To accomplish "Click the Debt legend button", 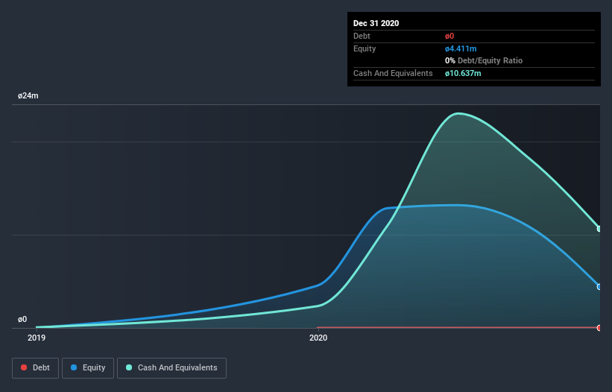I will coord(34,367).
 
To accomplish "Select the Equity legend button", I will coord(88,367).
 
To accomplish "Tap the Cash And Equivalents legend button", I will coord(171,367).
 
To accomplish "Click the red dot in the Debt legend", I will coord(24,367).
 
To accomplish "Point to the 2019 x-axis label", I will coord(37,338).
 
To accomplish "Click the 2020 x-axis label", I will coord(318,338).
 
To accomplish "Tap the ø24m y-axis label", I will coord(28,96).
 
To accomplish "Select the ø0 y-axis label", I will coord(22,319).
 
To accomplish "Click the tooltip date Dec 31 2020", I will coord(376,23).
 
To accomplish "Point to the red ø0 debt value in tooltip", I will coord(450,36).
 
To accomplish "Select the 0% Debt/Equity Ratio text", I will coord(483,60).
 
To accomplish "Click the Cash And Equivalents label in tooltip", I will coord(393,73).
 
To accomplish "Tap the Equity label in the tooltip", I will coord(365,48).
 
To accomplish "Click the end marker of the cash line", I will coord(599,229).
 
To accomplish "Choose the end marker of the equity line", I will coord(599,287).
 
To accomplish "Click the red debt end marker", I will coord(599,328).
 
